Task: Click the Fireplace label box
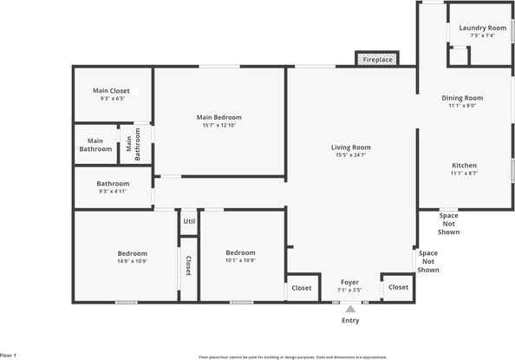coord(377,60)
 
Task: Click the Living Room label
coord(351,147)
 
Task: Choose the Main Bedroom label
coord(218,117)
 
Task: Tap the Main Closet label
coord(113,91)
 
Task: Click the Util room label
coord(189,222)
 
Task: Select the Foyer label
coord(349,282)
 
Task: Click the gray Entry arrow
coord(350,308)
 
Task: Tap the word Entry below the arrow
coord(350,320)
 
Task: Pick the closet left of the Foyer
coord(301,288)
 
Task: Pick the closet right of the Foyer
coord(398,287)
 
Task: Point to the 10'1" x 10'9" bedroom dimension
coord(240,260)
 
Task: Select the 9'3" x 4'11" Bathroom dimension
coord(113,191)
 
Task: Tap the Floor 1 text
coord(9,356)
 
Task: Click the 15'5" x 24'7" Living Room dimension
coord(351,155)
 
